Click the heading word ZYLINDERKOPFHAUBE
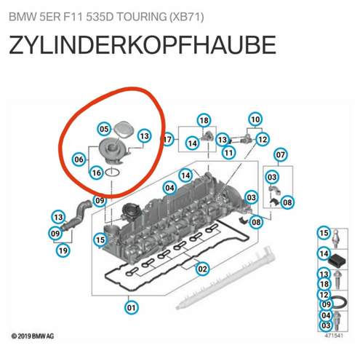(x=143, y=45)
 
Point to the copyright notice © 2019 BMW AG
(x=33, y=336)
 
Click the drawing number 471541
(x=334, y=336)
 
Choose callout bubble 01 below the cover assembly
(x=132, y=308)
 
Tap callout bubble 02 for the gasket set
(x=202, y=269)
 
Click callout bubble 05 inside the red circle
(x=104, y=129)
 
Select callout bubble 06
(x=79, y=159)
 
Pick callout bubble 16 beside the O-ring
(x=97, y=173)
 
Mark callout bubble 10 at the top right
(x=255, y=119)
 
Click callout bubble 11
(x=228, y=153)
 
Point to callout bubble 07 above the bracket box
(x=281, y=154)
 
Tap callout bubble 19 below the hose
(x=63, y=250)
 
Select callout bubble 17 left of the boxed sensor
(x=168, y=140)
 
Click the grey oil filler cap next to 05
(x=124, y=130)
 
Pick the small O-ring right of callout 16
(x=112, y=173)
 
